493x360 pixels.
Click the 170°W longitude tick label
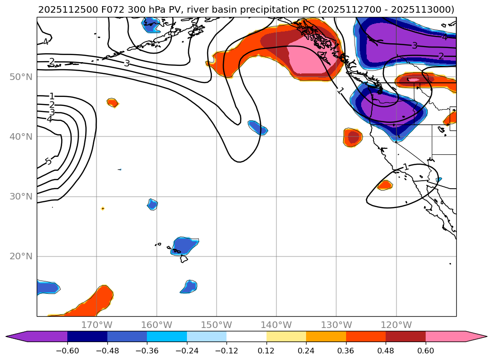tap(97, 325)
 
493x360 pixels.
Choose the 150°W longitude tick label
tap(217, 325)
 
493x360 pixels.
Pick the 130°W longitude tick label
tap(336, 325)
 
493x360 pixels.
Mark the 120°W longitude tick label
tap(396, 325)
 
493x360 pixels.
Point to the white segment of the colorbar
tap(246, 336)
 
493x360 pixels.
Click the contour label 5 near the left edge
tap(48, 161)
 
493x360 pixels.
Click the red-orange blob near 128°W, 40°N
tap(353, 137)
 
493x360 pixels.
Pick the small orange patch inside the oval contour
tap(385, 185)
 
